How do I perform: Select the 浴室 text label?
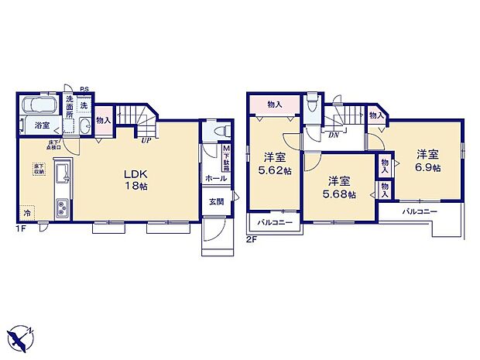[41, 125]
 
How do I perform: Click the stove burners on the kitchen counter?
[61, 206]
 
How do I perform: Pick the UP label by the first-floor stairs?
[146, 141]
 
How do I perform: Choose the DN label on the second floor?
[334, 135]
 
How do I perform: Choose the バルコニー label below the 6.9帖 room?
[419, 211]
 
